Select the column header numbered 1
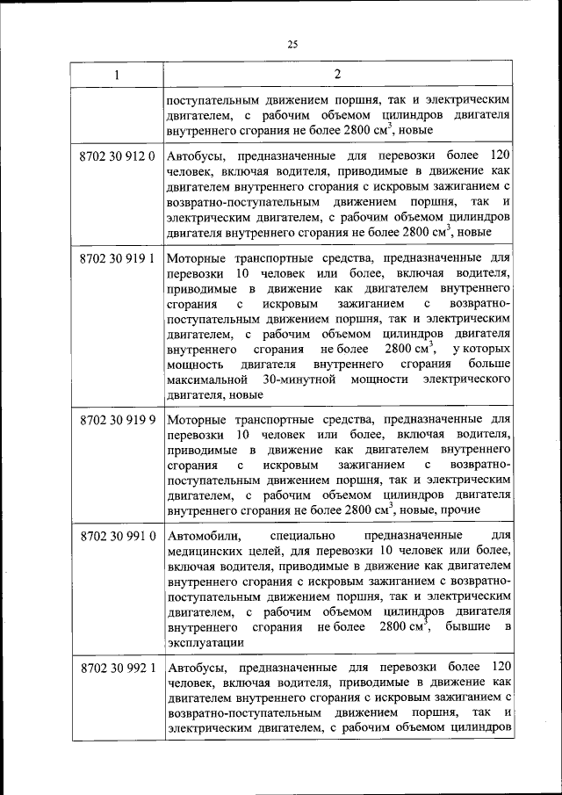pyautogui.click(x=117, y=76)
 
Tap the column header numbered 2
pyautogui.click(x=337, y=76)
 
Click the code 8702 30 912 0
pyautogui.click(x=117, y=156)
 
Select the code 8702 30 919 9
pyautogui.click(x=117, y=419)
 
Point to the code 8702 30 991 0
pyautogui.click(x=117, y=535)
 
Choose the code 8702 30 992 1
pyautogui.click(x=117, y=667)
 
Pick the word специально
pyautogui.click(x=302, y=535)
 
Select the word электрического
pyautogui.click(x=466, y=380)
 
